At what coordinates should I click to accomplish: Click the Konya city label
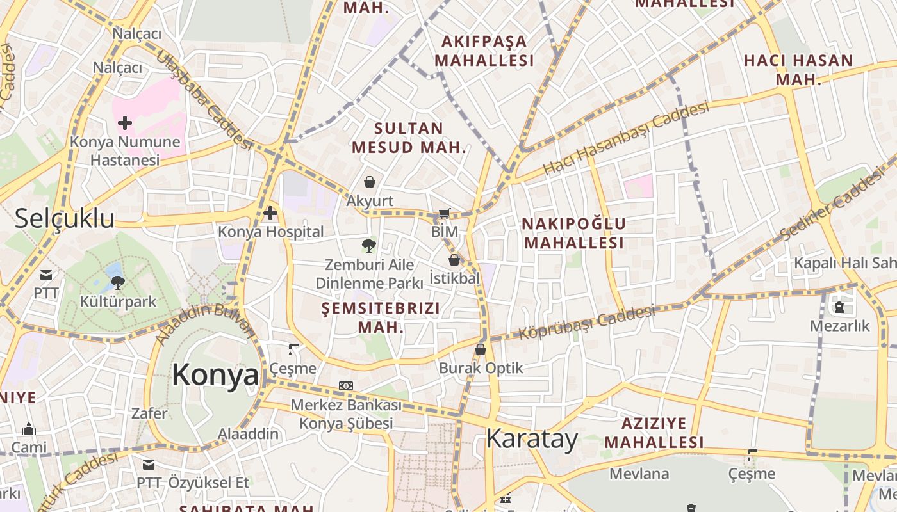tap(215, 375)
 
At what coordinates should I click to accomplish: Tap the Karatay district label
tap(532, 439)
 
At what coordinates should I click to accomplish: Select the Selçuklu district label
tap(65, 218)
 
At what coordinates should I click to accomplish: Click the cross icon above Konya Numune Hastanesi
tap(125, 122)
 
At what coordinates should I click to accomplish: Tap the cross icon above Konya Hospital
tap(270, 212)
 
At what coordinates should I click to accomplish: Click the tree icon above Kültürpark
tap(117, 282)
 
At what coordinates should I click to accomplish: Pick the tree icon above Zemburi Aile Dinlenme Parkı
tap(368, 245)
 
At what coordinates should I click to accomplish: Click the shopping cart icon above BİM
tap(445, 213)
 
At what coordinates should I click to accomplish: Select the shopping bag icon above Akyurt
tap(370, 182)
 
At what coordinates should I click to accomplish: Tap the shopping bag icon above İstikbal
tap(454, 260)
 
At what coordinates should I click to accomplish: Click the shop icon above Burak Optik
tap(481, 349)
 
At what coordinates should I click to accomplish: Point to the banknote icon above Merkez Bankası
tap(346, 386)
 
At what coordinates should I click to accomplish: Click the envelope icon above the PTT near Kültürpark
tap(46, 275)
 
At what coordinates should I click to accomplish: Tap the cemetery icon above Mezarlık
tap(839, 307)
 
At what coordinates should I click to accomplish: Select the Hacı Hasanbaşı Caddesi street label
tap(626, 138)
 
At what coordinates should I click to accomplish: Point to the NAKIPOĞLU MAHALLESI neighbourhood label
tap(573, 234)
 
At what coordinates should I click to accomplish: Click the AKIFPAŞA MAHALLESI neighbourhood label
tap(484, 51)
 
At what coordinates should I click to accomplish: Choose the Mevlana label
tap(639, 474)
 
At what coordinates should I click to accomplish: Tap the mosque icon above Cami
tap(29, 429)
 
